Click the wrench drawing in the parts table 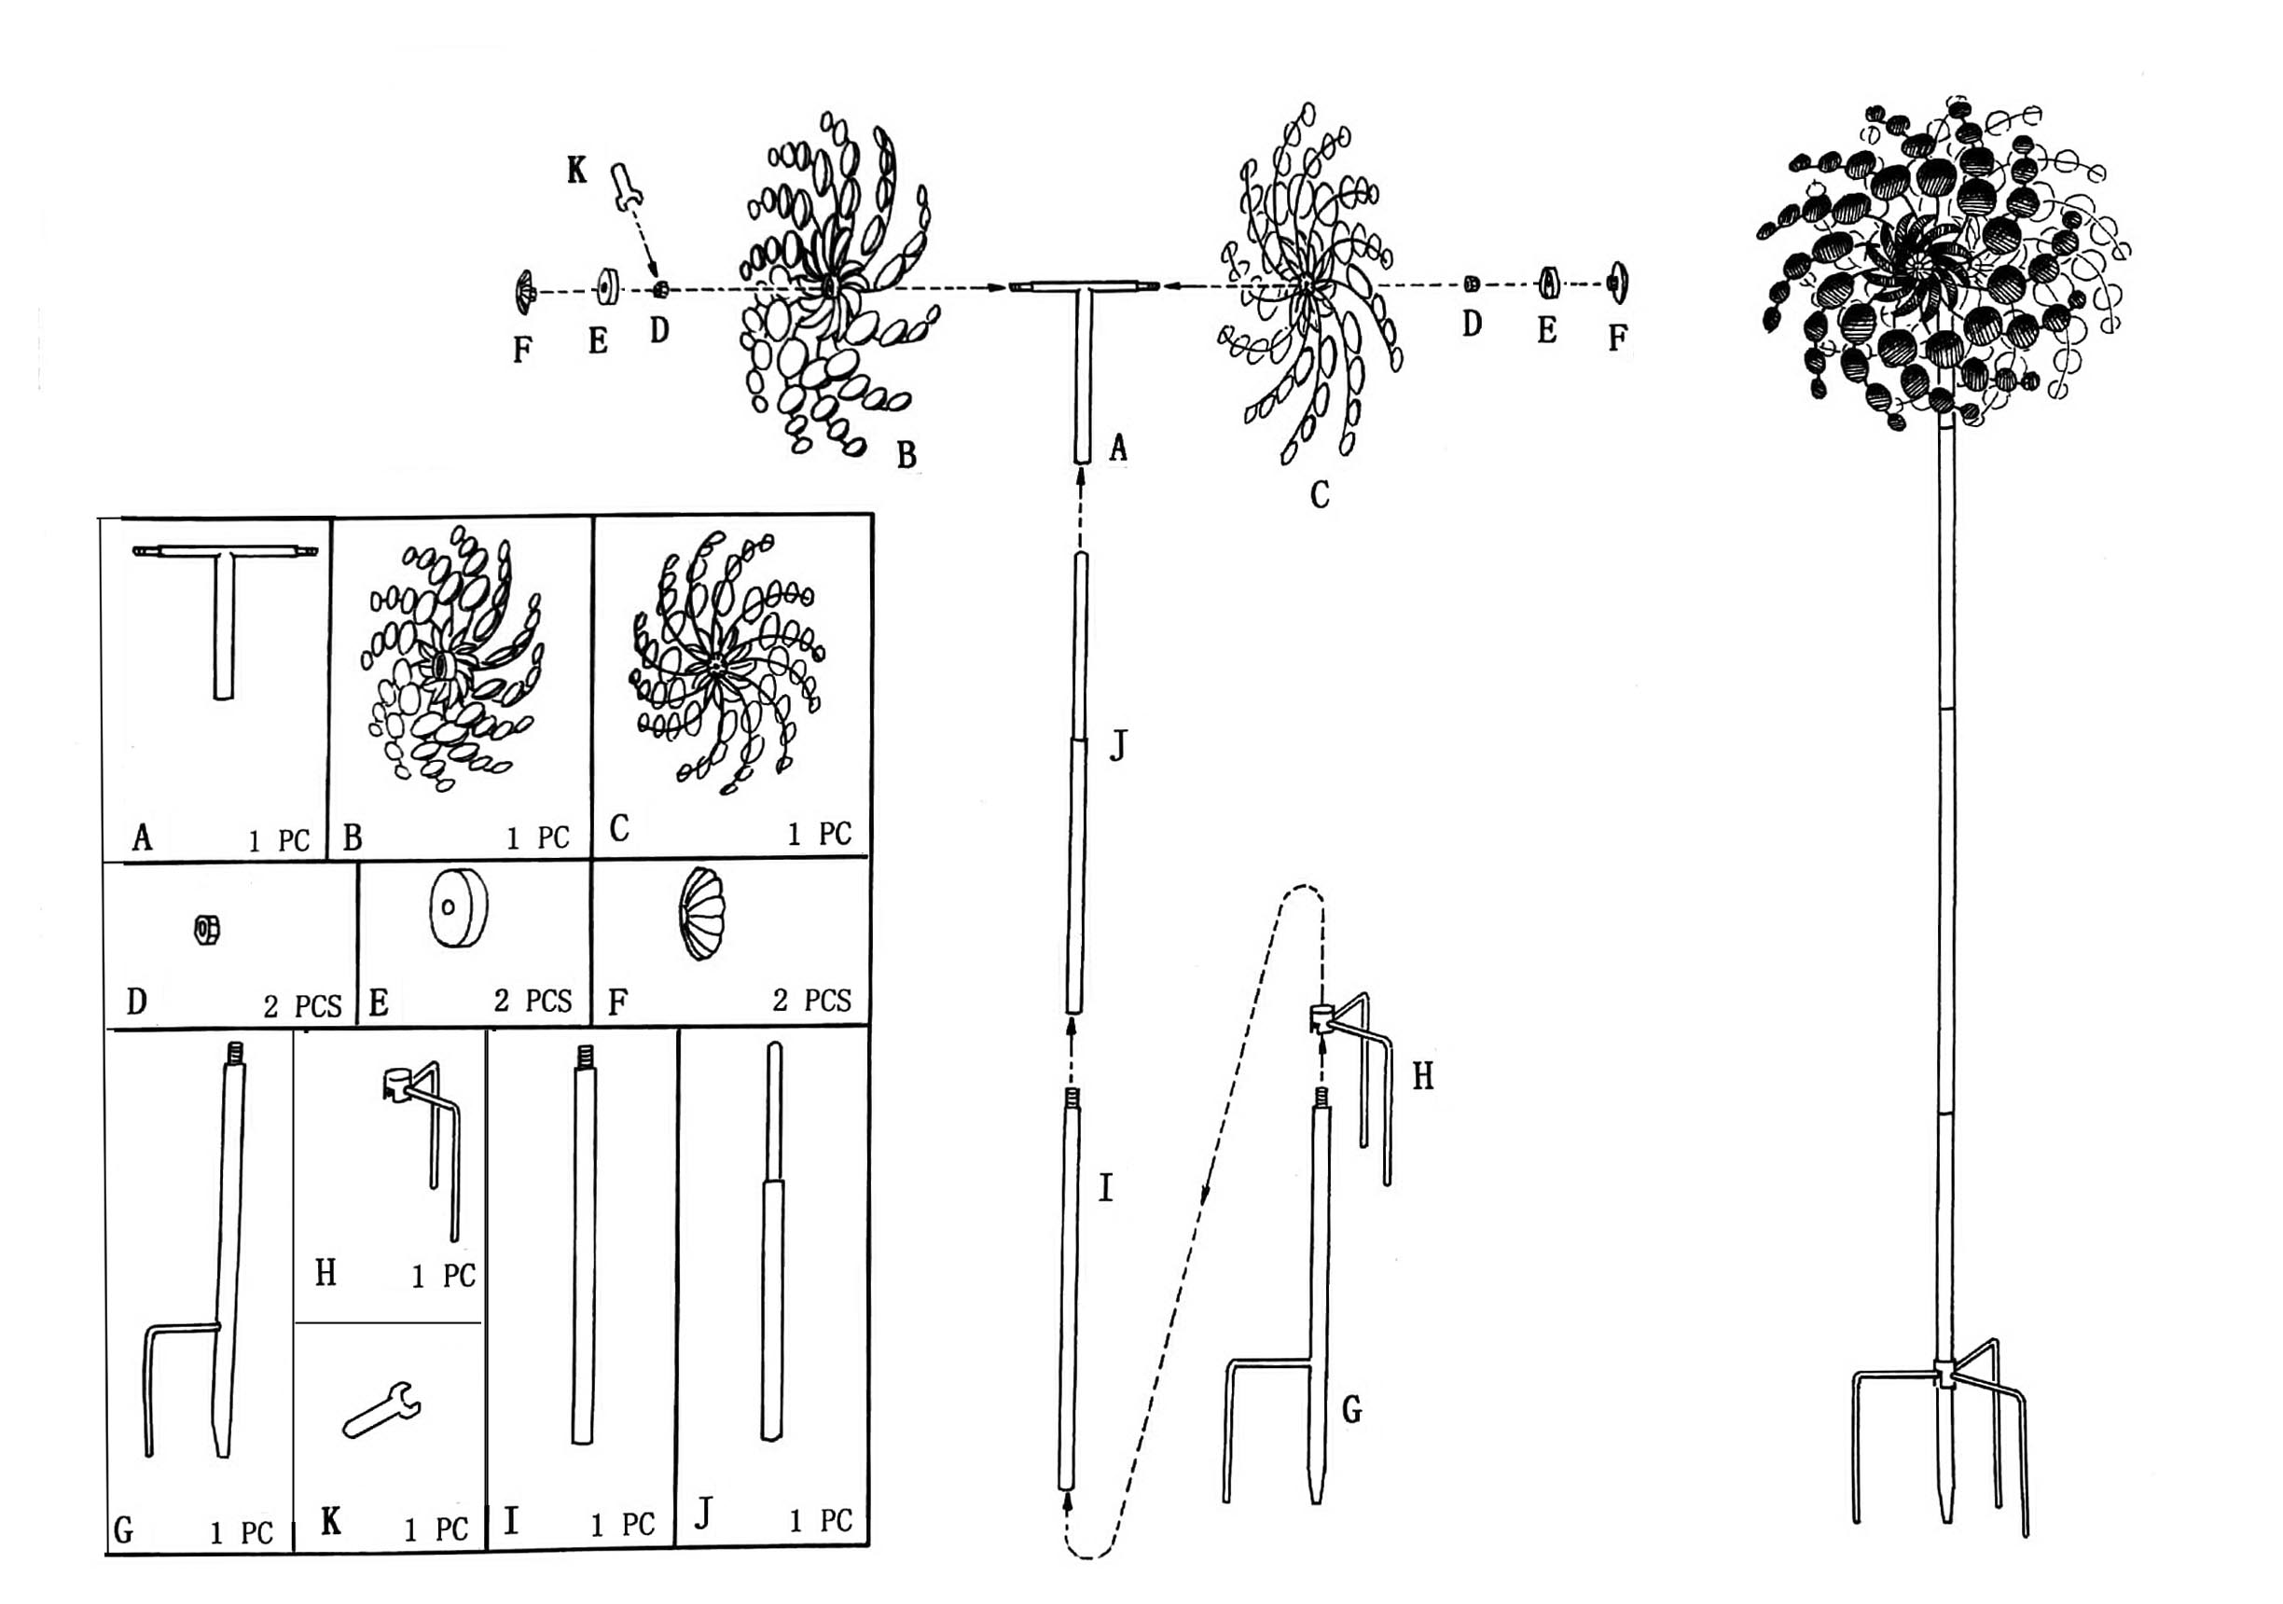tap(381, 1410)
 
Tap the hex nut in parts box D tap(207, 931)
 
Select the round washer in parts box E tap(459, 908)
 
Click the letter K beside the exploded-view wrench tap(576, 170)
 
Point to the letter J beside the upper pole tap(1118, 743)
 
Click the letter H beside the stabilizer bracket tap(1423, 1076)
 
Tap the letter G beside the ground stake tap(1351, 1409)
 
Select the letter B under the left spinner tap(906, 454)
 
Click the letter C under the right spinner tap(1320, 494)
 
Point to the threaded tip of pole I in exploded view tap(1072, 1098)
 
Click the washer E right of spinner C tap(1547, 284)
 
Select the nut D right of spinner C tap(1472, 284)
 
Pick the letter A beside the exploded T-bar tap(1117, 449)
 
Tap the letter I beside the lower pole tap(1105, 1187)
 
